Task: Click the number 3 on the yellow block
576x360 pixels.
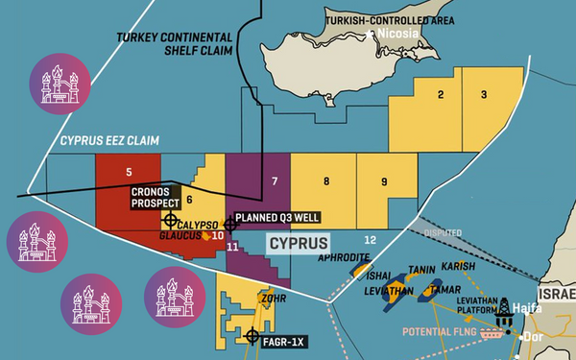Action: (484, 94)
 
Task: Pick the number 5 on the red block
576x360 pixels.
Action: (129, 173)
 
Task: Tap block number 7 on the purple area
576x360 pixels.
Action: (275, 180)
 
